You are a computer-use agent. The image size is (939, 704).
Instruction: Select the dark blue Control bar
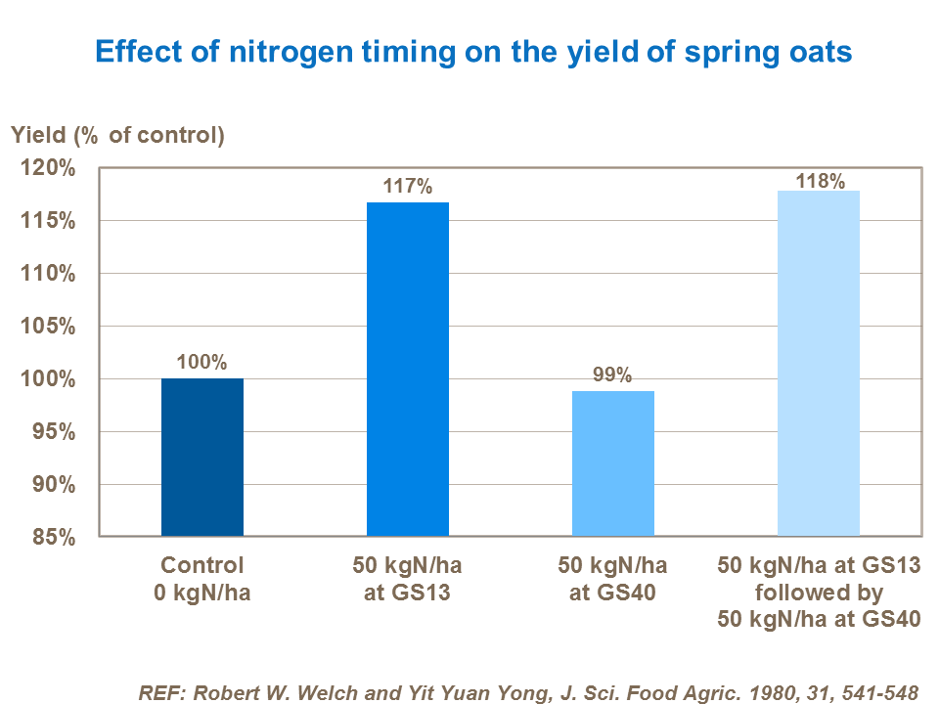(202, 457)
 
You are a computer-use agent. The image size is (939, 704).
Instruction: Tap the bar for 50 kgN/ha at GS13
(408, 369)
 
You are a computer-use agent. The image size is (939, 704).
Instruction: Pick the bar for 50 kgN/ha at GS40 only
(613, 462)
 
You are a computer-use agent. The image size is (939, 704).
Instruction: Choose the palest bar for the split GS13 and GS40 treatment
(819, 363)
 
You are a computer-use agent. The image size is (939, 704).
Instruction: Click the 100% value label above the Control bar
(202, 362)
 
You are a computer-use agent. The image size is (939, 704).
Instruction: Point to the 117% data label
(408, 186)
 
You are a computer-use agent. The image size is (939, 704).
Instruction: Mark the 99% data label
(613, 374)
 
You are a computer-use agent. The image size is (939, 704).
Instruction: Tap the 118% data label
(819, 181)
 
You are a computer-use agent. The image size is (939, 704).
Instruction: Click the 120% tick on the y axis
(48, 168)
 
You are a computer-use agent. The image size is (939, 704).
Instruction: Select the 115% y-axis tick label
(48, 221)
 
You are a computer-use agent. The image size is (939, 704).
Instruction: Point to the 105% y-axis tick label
(48, 327)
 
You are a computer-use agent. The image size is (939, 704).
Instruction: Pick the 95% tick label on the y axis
(54, 432)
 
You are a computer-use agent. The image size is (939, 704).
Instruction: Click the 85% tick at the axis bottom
(54, 538)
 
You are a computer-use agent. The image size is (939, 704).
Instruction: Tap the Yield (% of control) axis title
(118, 135)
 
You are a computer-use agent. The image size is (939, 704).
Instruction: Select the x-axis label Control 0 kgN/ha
(201, 579)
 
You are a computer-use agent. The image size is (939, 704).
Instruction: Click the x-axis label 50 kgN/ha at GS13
(408, 579)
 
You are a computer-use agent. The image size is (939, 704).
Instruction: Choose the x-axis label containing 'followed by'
(819, 593)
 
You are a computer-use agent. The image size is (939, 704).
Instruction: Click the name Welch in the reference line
(324, 692)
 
